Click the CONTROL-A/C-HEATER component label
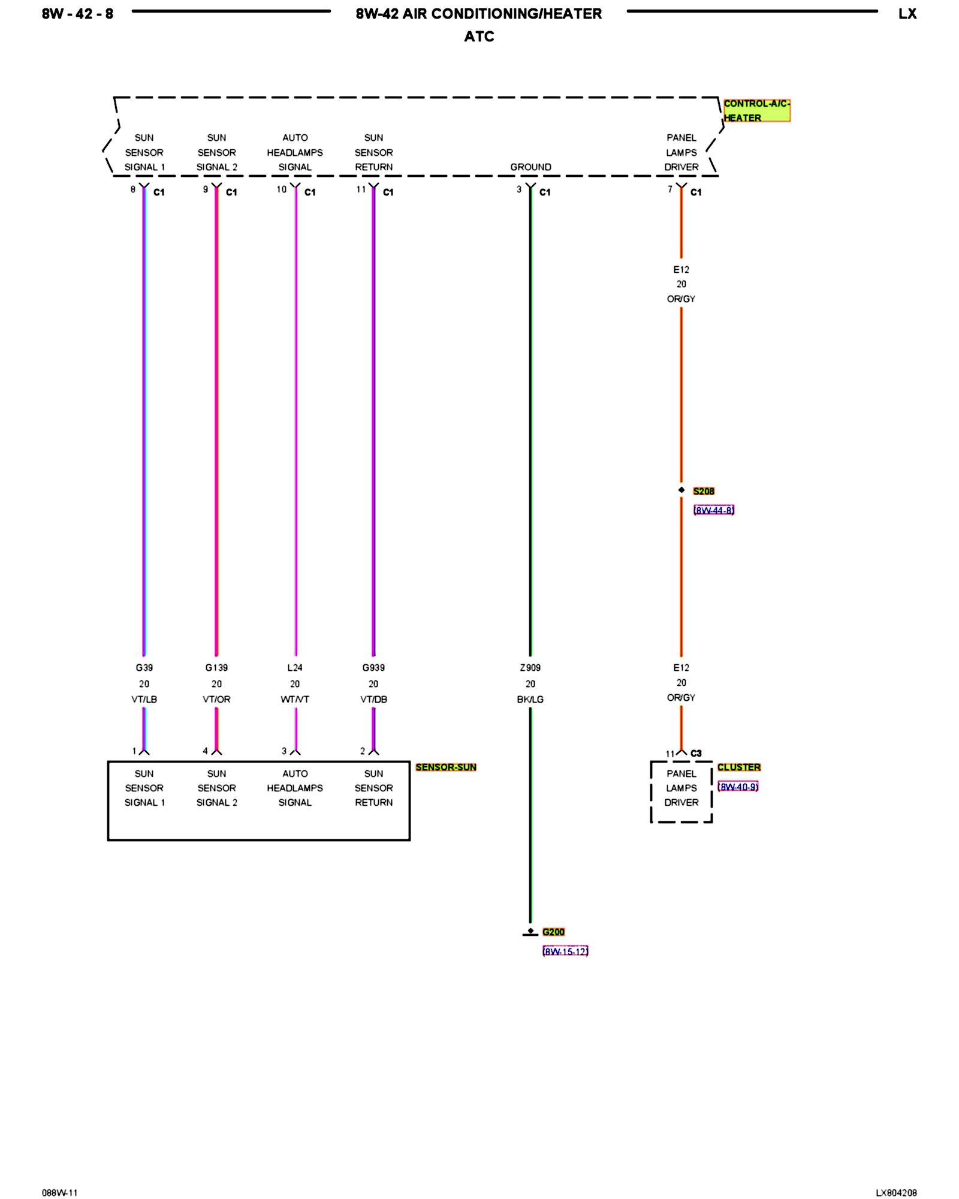click(756, 111)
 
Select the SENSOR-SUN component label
click(445, 767)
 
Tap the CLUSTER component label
click(738, 767)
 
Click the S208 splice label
click(704, 491)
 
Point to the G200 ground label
click(553, 932)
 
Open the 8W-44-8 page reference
click(713, 510)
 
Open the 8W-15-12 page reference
click(565, 951)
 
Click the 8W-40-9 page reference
click(738, 787)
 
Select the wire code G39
click(144, 667)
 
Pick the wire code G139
click(216, 667)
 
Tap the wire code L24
click(295, 667)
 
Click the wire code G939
click(373, 667)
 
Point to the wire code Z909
click(530, 667)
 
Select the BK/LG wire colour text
click(530, 699)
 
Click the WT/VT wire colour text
click(295, 699)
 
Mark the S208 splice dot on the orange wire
click(681, 490)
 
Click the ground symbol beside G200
click(530, 932)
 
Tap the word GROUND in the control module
click(530, 167)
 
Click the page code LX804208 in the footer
click(895, 1193)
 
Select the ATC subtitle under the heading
click(479, 37)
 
